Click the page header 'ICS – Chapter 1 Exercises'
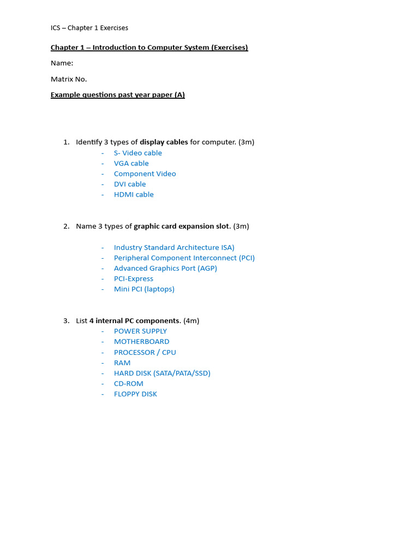pos(89,28)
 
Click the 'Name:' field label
pos(62,63)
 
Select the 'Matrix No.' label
pos(69,79)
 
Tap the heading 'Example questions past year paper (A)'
pos(118,95)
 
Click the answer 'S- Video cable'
pos(137,153)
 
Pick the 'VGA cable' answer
pos(131,163)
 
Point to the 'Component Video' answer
pos(145,174)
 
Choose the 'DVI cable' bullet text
pos(130,184)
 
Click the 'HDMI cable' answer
pos(134,194)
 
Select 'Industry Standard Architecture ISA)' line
pos(174,247)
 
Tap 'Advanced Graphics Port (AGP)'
pos(165,268)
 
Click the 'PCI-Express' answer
pos(134,278)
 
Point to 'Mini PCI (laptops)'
pos(144,289)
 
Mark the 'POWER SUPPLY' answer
pos(140,331)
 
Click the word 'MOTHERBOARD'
pos(141,342)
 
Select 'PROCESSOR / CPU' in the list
pos(145,353)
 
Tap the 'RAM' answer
pos(122,363)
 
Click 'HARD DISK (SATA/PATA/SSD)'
pos(162,373)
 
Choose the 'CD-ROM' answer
pos(129,384)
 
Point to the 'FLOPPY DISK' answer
pos(135,394)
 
